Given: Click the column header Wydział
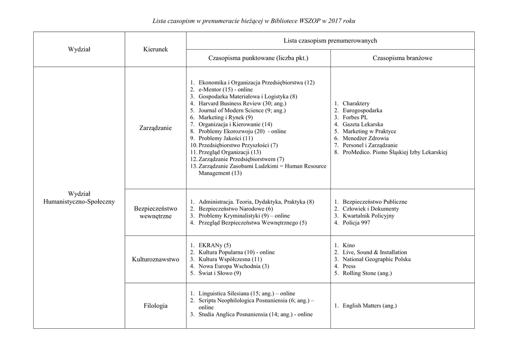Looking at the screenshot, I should click(79, 49).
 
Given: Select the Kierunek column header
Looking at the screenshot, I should click(155, 49).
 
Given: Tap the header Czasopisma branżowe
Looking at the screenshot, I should click(402, 58).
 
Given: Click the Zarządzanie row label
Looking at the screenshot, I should click(155, 128).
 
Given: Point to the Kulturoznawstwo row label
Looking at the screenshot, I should click(155, 259).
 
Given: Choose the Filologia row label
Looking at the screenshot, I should click(155, 306).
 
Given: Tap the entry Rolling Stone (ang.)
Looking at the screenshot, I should click(367, 273).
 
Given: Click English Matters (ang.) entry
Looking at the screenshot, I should click(369, 306).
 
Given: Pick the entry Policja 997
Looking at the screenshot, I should click(356, 223).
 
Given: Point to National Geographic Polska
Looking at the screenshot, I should click(376, 259).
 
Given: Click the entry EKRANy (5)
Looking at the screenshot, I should click(214, 245).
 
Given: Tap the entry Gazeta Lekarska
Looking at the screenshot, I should click(362, 124).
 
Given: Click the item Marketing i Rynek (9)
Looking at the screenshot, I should click(225, 117).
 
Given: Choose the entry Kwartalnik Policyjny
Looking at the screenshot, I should click(368, 216).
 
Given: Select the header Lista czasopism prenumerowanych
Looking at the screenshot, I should click(330, 40).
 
